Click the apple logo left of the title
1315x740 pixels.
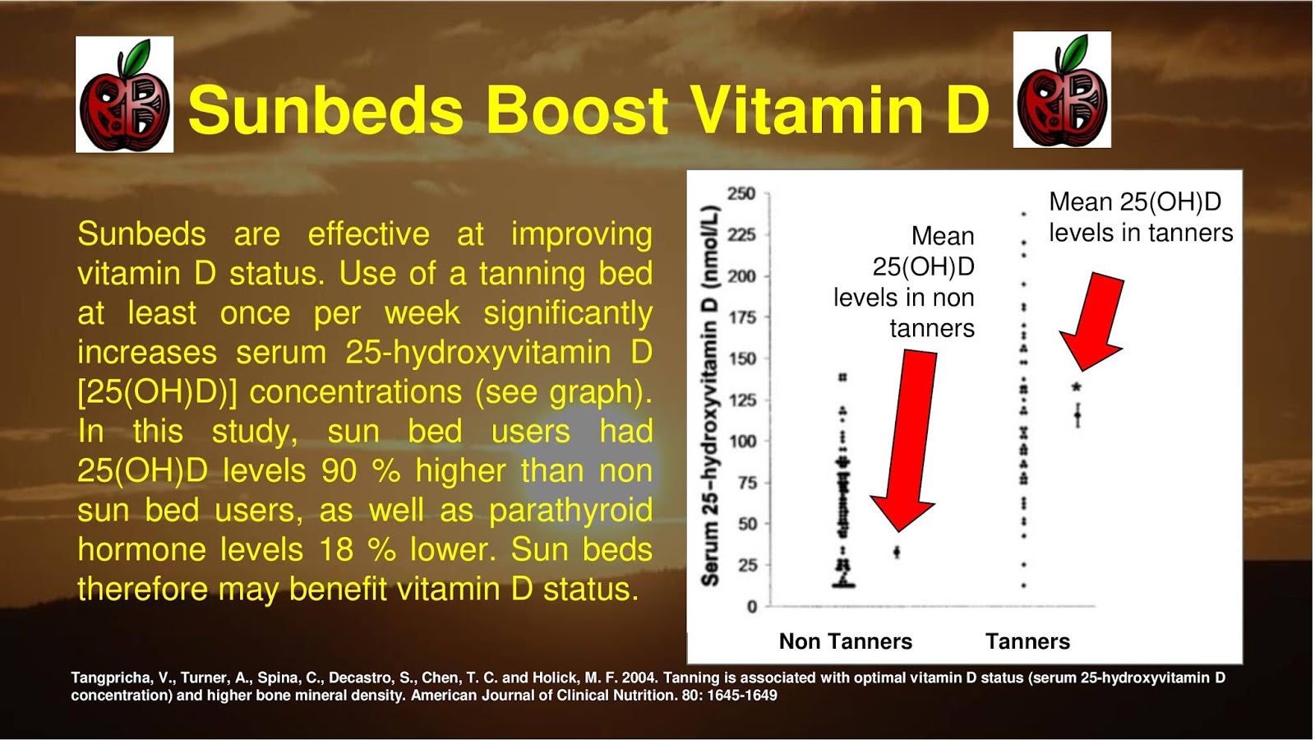(x=124, y=95)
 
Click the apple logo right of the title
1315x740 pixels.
(x=1062, y=90)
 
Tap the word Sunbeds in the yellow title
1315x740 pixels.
(x=325, y=110)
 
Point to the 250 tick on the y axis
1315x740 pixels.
(x=741, y=193)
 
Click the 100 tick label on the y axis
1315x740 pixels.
(x=742, y=442)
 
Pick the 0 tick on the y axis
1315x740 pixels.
(x=751, y=607)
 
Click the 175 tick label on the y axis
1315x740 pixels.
(x=742, y=317)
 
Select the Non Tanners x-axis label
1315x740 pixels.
(x=845, y=641)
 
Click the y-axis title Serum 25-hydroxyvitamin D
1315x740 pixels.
(x=710, y=395)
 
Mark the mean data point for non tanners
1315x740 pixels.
(x=897, y=552)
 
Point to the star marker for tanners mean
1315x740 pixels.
(x=1077, y=387)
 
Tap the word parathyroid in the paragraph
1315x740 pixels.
(x=570, y=511)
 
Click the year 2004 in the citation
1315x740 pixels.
(x=639, y=678)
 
